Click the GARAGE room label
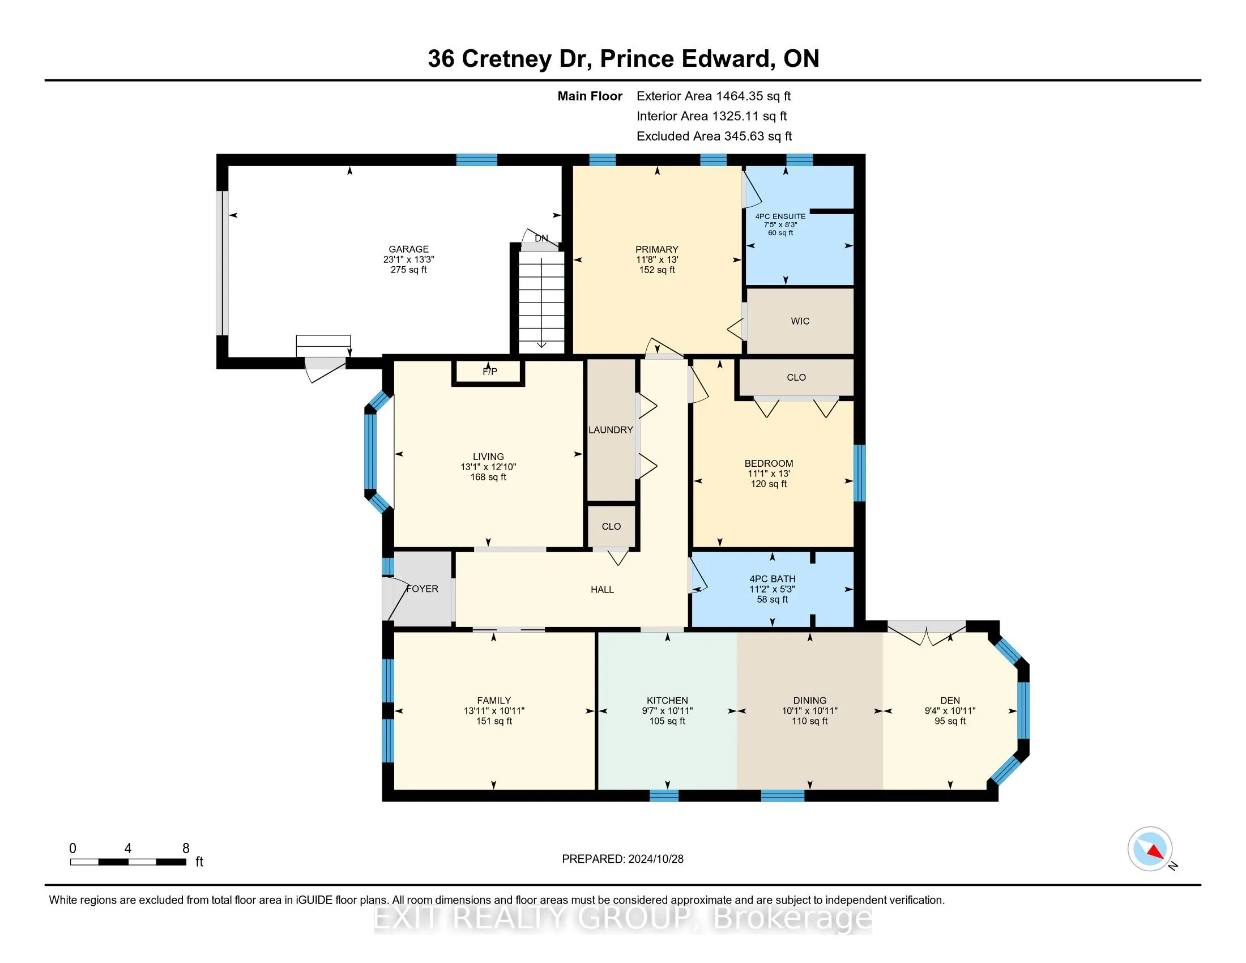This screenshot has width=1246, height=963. pyautogui.click(x=408, y=249)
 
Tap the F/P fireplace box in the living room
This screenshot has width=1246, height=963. pyautogui.click(x=489, y=372)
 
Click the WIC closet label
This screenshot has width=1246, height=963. pyautogui.click(x=800, y=321)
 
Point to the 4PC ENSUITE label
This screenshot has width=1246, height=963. pyautogui.click(x=780, y=216)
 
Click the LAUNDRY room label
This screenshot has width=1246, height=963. pyautogui.click(x=611, y=429)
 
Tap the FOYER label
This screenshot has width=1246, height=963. pyautogui.click(x=422, y=589)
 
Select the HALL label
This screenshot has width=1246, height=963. pyautogui.click(x=602, y=589)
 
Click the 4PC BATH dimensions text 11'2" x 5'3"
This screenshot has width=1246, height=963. pyautogui.click(x=772, y=589)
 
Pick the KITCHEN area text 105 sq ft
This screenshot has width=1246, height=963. pyautogui.click(x=667, y=721)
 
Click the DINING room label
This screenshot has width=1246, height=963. pyautogui.click(x=809, y=700)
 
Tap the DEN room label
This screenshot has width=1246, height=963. pyautogui.click(x=950, y=700)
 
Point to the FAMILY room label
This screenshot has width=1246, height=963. pyautogui.click(x=493, y=700)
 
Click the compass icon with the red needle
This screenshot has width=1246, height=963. pyautogui.click(x=1150, y=849)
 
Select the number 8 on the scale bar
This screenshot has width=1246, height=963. pyautogui.click(x=185, y=849)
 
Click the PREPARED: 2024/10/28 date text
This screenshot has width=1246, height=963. pyautogui.click(x=622, y=859)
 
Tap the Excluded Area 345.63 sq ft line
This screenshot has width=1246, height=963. pyautogui.click(x=714, y=137)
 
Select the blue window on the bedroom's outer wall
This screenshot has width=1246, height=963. pyautogui.click(x=859, y=473)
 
